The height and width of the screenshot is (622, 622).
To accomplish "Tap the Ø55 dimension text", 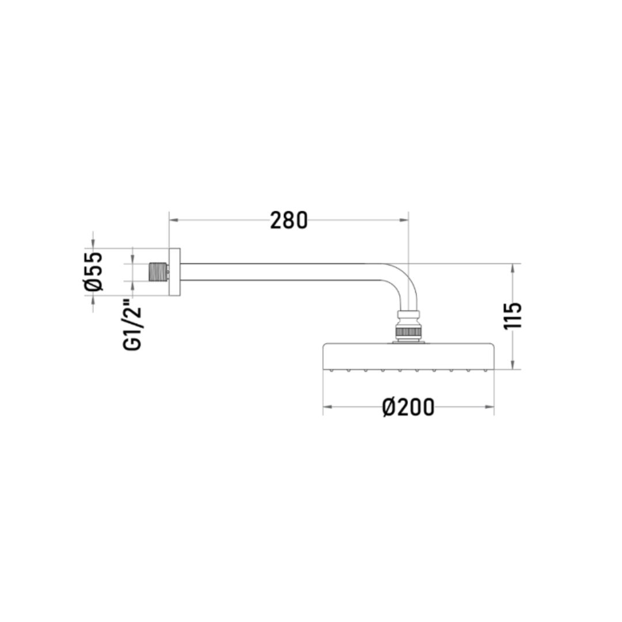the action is point(94,271).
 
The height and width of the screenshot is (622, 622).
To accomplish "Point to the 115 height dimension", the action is point(513,316).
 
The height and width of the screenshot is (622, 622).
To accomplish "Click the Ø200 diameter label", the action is point(408,407).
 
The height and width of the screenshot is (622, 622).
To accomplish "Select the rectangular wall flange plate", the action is point(175,272).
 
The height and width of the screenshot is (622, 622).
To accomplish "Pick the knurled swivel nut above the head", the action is point(408,332).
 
